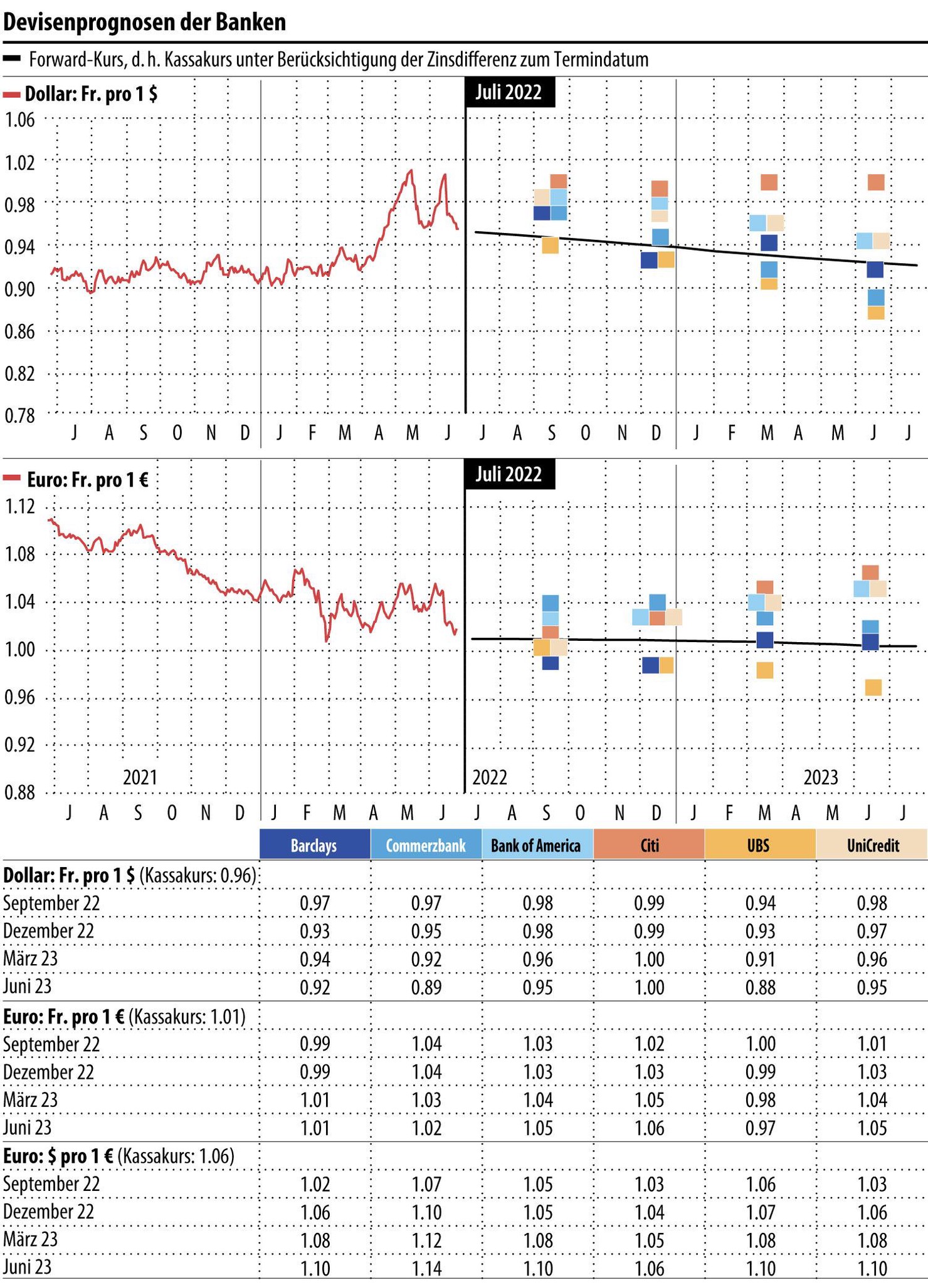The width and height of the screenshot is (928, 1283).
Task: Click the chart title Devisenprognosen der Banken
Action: click(145, 22)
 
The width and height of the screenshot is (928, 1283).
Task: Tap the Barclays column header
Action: click(314, 846)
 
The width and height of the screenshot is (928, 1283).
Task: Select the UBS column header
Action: click(759, 846)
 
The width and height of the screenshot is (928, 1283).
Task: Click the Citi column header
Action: click(649, 846)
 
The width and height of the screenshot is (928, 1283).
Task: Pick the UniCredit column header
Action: click(872, 846)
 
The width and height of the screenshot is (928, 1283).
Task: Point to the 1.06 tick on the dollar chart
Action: click(21, 119)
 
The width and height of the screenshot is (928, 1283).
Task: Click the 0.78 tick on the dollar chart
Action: click(21, 415)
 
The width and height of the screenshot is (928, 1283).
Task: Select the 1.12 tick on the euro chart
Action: click(21, 506)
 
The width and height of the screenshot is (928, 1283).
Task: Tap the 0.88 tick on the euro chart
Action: click(21, 792)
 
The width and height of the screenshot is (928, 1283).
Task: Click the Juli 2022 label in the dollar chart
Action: click(509, 92)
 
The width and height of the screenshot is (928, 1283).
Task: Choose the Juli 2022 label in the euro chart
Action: click(509, 474)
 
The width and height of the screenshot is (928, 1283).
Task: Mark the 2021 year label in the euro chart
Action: click(140, 777)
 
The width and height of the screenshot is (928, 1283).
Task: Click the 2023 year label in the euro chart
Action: click(821, 777)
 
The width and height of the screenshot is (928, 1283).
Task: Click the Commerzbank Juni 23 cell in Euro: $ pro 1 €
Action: click(426, 1269)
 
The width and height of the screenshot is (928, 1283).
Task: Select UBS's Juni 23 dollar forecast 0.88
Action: click(760, 987)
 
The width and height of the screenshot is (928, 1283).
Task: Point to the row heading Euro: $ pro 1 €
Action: click(119, 1156)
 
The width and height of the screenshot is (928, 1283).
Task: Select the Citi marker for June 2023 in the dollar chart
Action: click(876, 182)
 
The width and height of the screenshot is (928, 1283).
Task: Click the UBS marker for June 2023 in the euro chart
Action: click(873, 687)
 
